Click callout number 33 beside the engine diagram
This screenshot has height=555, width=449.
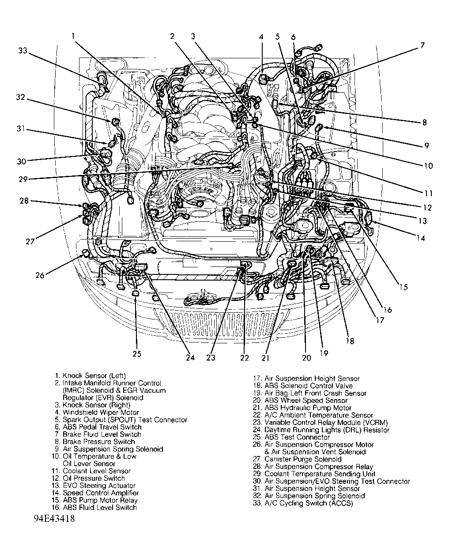click(23, 51)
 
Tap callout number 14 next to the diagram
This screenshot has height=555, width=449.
click(420, 238)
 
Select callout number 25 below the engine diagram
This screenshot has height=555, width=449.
click(136, 354)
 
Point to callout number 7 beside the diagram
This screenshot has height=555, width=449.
click(422, 45)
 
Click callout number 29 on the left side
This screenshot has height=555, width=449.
click(23, 179)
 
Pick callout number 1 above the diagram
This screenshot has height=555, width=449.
click(73, 36)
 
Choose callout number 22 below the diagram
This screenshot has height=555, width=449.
click(245, 357)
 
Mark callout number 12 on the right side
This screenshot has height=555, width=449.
click(427, 208)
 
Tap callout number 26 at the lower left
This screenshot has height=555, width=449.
click(40, 275)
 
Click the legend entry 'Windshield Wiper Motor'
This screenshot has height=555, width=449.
click(94, 412)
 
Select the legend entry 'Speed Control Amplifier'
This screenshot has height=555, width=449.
click(101, 493)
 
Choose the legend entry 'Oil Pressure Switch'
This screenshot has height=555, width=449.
click(94, 478)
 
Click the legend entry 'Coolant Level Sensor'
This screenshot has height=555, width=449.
click(96, 471)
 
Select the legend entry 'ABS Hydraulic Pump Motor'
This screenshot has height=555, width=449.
click(308, 408)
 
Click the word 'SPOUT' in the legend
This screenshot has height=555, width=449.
click(124, 420)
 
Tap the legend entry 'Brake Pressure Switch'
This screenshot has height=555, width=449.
click(98, 442)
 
